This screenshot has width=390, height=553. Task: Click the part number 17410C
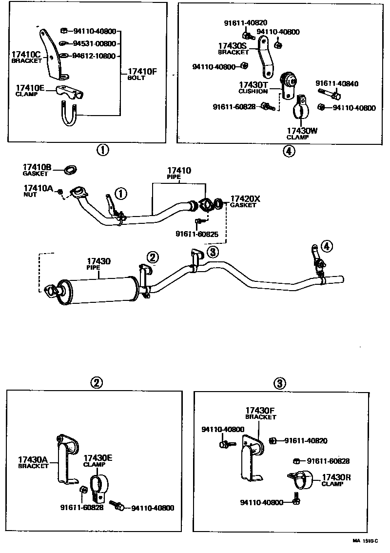point(26,54)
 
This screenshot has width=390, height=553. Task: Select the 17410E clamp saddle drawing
point(70,92)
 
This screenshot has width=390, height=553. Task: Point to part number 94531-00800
point(94,44)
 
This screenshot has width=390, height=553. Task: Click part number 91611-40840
point(337,83)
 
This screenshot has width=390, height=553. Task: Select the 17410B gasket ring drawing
point(71,170)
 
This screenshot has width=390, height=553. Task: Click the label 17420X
point(245,199)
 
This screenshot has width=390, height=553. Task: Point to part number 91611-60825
point(197,234)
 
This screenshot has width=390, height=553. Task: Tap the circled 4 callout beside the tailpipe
point(327,246)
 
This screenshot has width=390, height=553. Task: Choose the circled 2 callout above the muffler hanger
point(153,257)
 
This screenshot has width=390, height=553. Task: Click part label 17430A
point(33,459)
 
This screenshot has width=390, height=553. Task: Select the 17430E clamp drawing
point(99,487)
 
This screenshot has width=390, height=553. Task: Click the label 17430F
point(260,410)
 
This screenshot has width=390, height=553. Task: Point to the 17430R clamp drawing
point(301,479)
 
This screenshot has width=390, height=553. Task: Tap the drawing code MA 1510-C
point(365,541)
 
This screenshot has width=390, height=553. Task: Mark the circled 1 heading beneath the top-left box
point(103,150)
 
